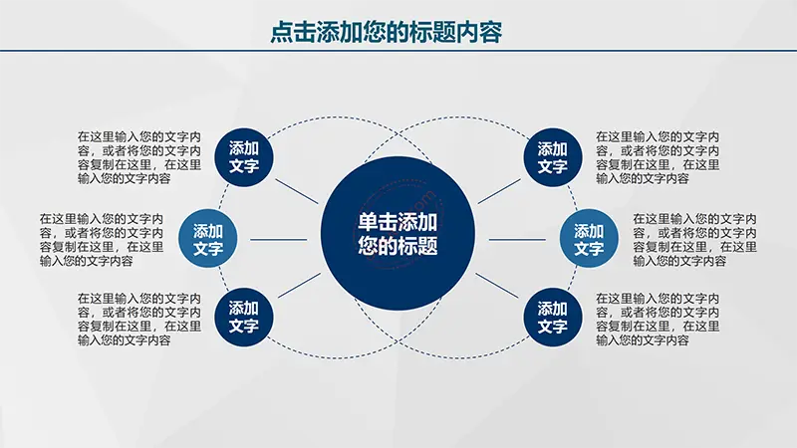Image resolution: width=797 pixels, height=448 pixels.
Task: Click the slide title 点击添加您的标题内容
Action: point(386,32)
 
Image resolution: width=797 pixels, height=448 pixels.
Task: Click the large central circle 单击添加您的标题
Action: point(398,233)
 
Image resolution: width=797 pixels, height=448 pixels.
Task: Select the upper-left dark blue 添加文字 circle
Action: point(244,157)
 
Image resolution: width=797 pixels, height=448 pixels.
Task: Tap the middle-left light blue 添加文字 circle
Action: point(208,239)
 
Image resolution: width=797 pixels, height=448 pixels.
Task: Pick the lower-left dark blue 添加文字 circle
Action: point(244,317)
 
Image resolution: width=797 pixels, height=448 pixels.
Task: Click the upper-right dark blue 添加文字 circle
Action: point(553,157)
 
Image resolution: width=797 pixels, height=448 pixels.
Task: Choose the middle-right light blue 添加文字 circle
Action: point(589,239)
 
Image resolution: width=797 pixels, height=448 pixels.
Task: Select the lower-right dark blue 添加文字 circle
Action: point(553,318)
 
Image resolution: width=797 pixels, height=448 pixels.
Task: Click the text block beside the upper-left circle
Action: point(139,157)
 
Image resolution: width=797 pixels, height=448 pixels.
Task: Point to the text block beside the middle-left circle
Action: point(102,240)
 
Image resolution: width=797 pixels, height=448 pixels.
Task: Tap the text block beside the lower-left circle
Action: point(139,319)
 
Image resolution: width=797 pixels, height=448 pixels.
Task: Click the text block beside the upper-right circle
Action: point(658,157)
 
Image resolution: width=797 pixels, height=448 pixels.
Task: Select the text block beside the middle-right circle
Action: point(694,240)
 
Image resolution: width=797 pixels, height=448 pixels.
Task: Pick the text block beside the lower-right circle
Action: point(658,319)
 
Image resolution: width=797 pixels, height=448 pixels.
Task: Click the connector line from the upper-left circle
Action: point(297,191)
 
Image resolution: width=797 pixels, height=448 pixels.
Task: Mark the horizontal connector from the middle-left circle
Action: point(279,239)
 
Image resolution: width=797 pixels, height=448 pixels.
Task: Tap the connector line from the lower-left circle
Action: point(300,286)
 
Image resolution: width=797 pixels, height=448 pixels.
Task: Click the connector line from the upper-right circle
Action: point(499,191)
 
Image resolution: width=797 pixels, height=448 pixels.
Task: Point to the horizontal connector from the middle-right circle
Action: point(517,239)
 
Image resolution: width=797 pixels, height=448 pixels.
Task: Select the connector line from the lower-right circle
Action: point(497,286)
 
